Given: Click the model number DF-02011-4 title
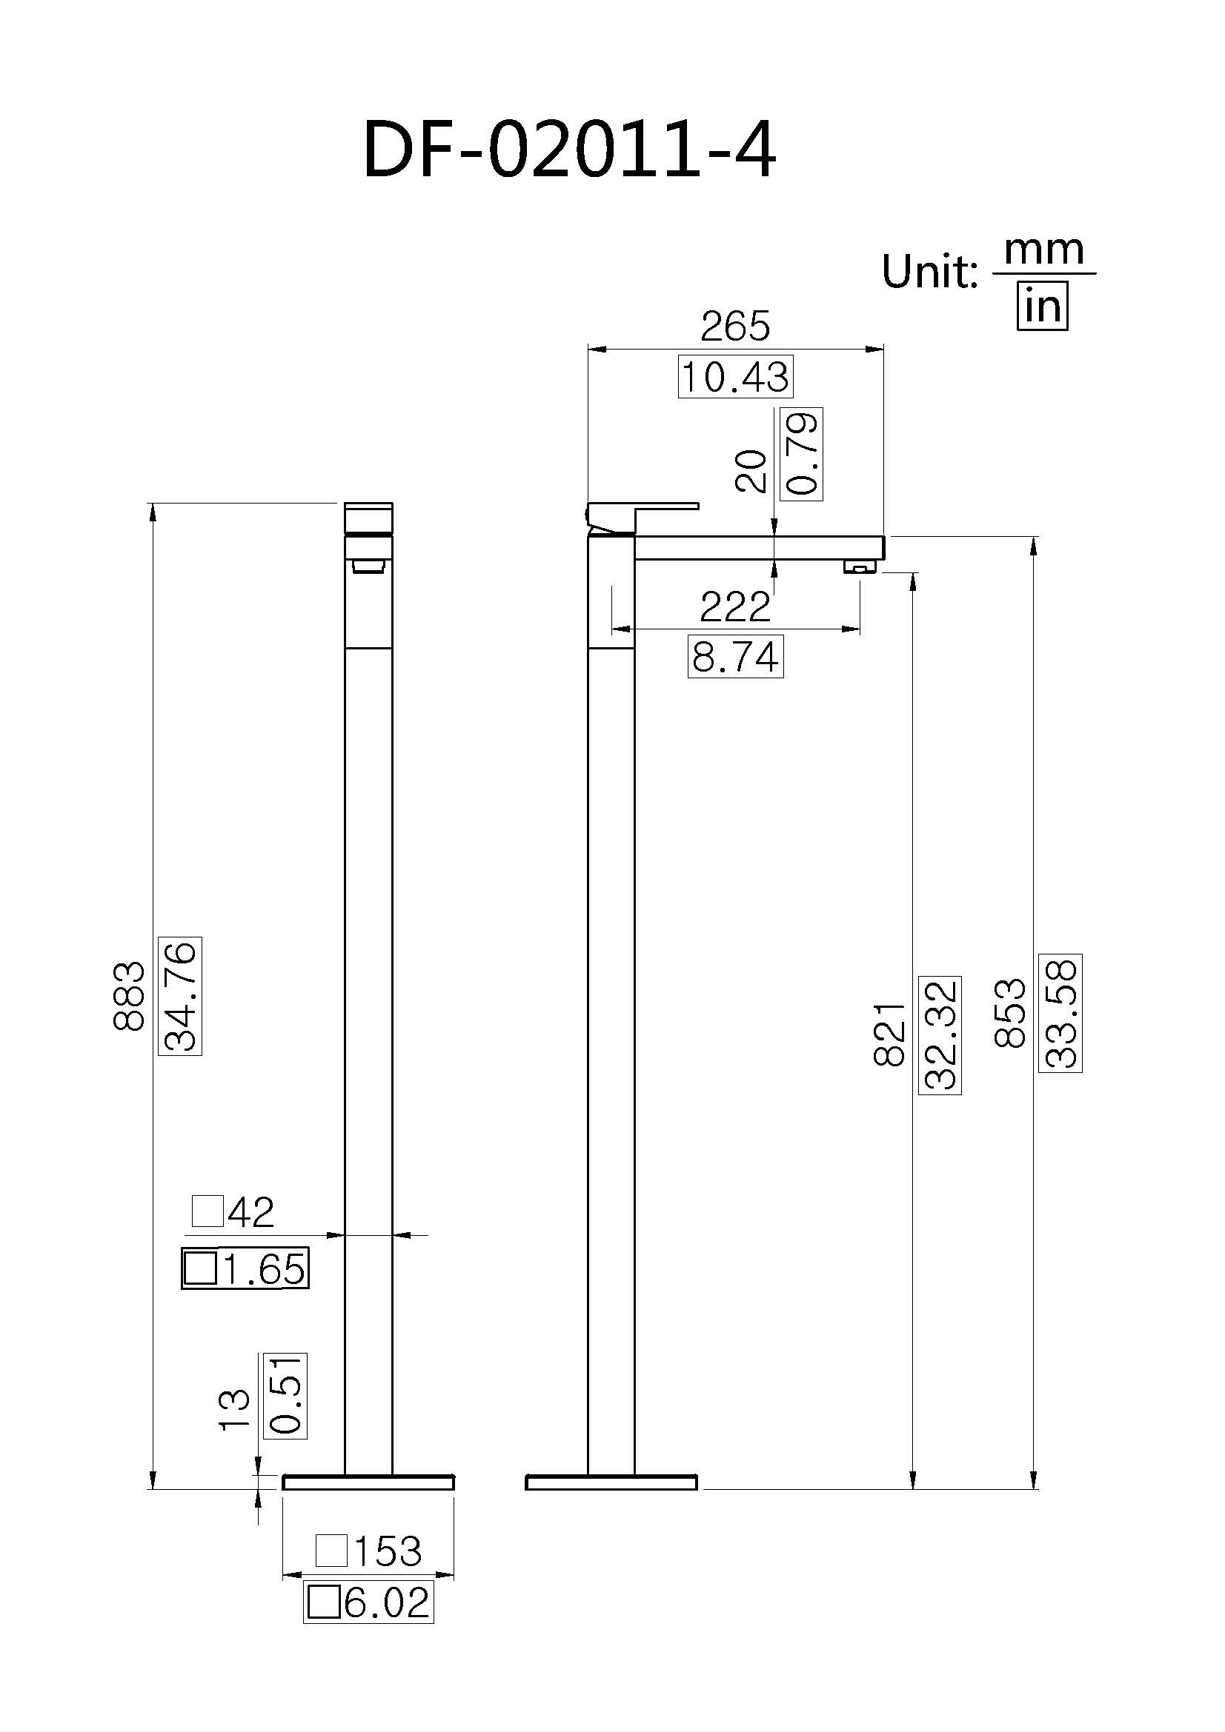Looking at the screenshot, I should click(x=569, y=151).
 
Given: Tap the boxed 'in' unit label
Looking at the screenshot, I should click(x=1043, y=307).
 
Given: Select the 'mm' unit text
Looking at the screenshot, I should click(x=1044, y=250).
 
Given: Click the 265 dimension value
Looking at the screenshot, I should click(x=735, y=326).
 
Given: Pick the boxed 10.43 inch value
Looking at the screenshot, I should click(x=735, y=376).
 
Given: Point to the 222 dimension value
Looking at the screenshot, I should click(x=735, y=607).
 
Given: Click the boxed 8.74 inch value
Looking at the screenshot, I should click(x=735, y=657).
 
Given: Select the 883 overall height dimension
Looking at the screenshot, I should click(x=128, y=996).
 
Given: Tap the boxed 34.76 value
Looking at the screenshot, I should click(x=181, y=996).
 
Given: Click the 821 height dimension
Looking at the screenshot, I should click(x=889, y=1034).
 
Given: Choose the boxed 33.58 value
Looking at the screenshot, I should click(x=1060, y=1013).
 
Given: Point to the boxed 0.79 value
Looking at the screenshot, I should click(x=803, y=454).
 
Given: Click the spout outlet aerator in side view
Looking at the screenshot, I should click(x=860, y=566).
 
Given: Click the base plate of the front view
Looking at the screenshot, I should click(x=368, y=1483).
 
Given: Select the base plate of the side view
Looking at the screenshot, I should click(x=611, y=1483).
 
